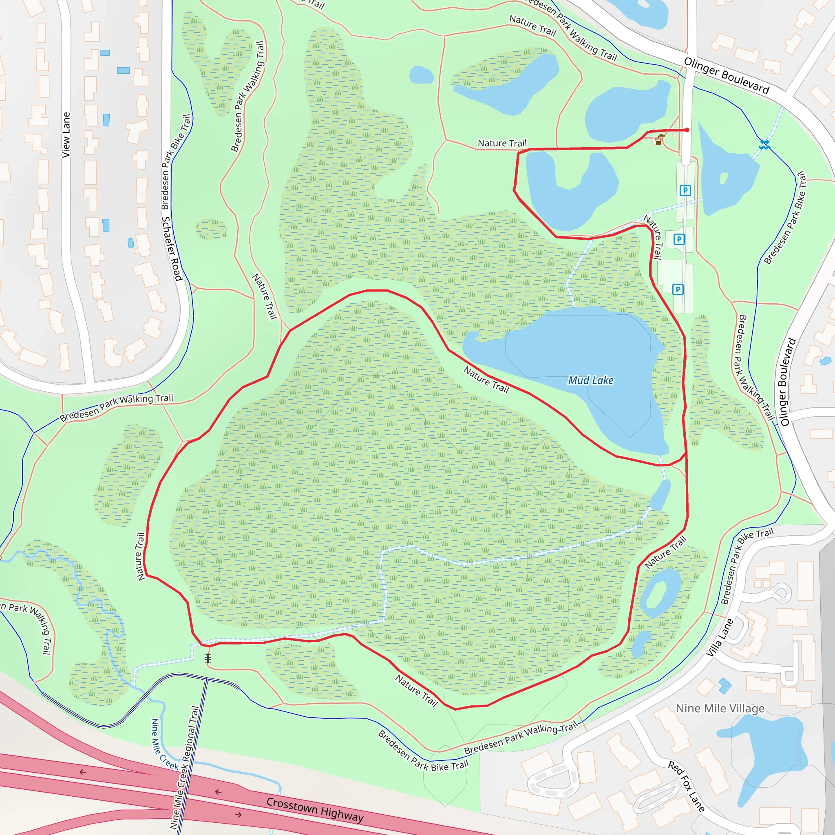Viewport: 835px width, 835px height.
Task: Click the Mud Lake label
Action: coord(590,380)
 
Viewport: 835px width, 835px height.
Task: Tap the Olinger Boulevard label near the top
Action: coord(727,76)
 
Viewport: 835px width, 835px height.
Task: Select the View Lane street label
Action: coord(66,135)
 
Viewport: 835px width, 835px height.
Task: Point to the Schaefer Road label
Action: coord(172,249)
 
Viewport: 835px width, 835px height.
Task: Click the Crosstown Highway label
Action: coord(315,809)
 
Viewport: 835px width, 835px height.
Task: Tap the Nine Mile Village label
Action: coord(720,709)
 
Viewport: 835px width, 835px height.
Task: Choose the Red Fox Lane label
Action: coord(686,786)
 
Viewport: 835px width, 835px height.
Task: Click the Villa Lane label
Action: coord(720,638)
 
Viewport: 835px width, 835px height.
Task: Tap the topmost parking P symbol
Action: coord(685,190)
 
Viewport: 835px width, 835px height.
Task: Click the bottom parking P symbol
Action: coord(678,289)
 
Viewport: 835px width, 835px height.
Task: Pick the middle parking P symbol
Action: coord(679,239)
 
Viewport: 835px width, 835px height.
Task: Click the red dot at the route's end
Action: coord(687,130)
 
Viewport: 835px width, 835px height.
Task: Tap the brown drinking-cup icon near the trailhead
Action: coord(659,141)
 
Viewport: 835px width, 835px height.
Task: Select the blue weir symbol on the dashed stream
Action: coord(764,144)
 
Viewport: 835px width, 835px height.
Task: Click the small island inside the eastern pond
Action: coord(724,178)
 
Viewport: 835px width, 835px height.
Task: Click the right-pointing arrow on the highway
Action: coord(238,815)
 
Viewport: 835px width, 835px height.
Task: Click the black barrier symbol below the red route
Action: coord(208,658)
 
